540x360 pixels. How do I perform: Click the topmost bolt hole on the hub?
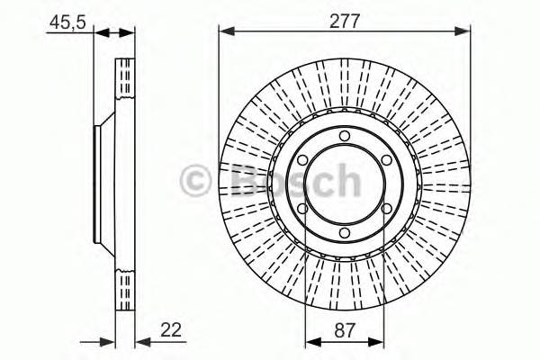point(345,137)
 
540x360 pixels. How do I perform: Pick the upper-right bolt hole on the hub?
point(387,161)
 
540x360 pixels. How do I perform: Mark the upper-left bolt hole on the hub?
point(302,161)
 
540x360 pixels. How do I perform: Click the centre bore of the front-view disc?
point(345,185)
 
